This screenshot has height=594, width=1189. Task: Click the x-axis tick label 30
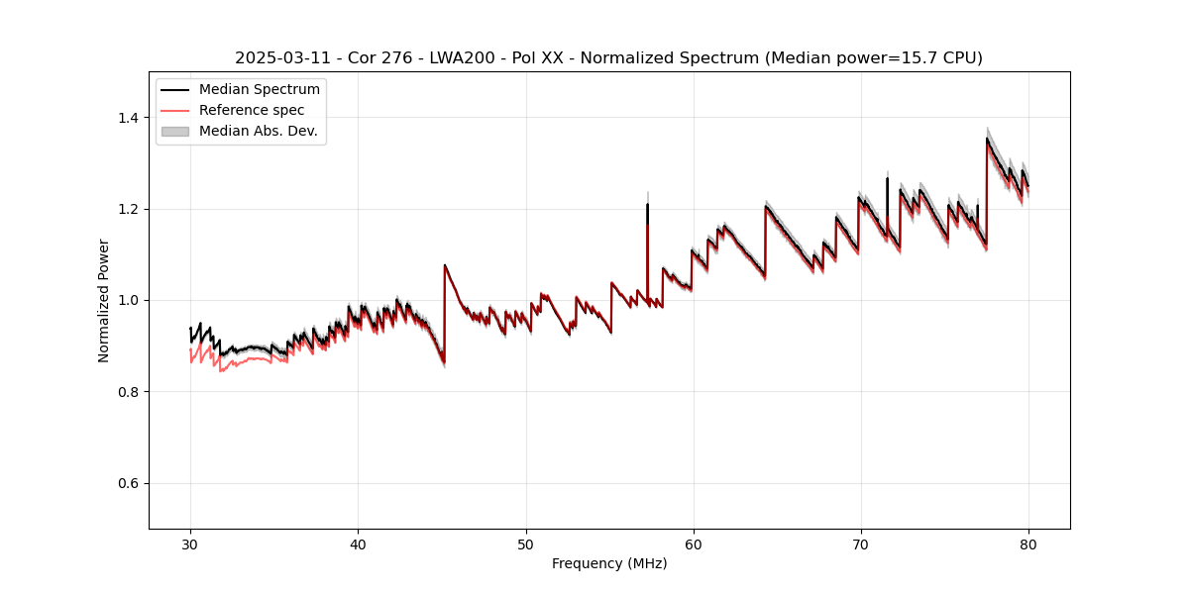point(190,544)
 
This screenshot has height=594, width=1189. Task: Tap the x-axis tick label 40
point(358,544)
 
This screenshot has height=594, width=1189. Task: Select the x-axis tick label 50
point(525,544)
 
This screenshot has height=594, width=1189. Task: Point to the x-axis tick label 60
point(693,544)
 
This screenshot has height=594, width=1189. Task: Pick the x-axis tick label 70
point(860,544)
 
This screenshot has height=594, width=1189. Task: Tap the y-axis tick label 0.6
point(129,483)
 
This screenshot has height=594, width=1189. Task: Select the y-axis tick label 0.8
point(129,392)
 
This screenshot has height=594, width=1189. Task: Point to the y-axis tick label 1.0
point(129,300)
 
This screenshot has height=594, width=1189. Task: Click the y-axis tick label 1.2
point(129,209)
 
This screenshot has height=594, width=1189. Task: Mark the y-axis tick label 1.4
point(129,118)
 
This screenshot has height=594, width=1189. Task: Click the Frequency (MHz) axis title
point(609,563)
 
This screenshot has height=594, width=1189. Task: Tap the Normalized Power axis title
point(104,300)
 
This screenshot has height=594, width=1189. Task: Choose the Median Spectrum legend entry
point(259,90)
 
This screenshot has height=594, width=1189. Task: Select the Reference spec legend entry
point(252,110)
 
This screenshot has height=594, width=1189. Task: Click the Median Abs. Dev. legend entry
point(258,131)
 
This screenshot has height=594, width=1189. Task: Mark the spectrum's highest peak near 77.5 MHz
point(987,140)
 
